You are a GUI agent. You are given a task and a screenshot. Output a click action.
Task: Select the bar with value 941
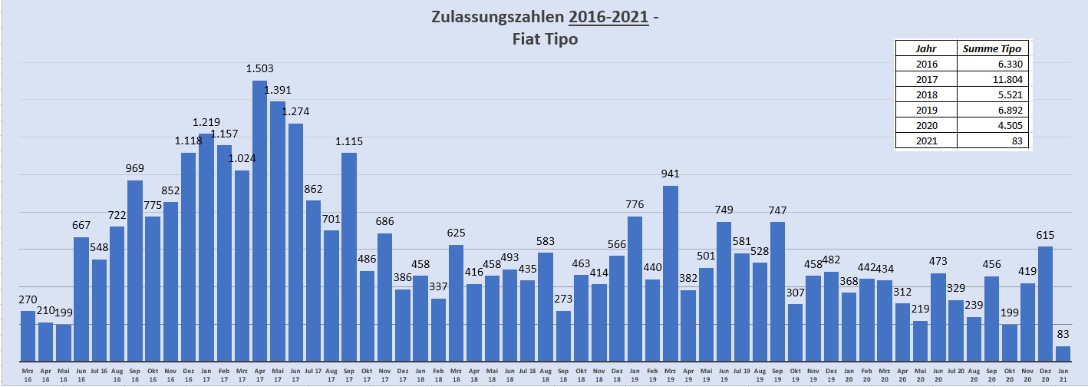[671, 273]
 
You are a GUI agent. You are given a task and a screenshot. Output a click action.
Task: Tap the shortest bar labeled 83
[1063, 353]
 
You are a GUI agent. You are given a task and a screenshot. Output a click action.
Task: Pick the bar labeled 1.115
[349, 257]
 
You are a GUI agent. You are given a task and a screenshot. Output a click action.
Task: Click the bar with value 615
[1045, 303]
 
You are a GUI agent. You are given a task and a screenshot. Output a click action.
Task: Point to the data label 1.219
[206, 122]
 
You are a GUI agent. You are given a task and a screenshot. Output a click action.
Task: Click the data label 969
[135, 168]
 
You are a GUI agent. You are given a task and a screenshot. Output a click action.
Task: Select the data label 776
[635, 204]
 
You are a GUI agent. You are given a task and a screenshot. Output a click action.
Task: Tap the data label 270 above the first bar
[28, 299]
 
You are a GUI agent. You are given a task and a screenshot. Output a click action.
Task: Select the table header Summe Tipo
[995, 48]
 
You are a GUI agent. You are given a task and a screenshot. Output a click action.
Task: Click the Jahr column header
[926, 48]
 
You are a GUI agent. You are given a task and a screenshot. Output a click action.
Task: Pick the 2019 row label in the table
[926, 110]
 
